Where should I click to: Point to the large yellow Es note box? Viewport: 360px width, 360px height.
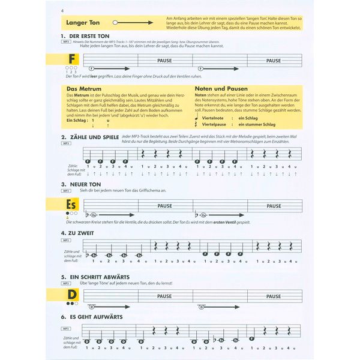71,205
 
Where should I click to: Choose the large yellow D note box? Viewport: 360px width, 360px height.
72,295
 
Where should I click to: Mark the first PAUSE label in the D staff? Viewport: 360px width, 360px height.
164,296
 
